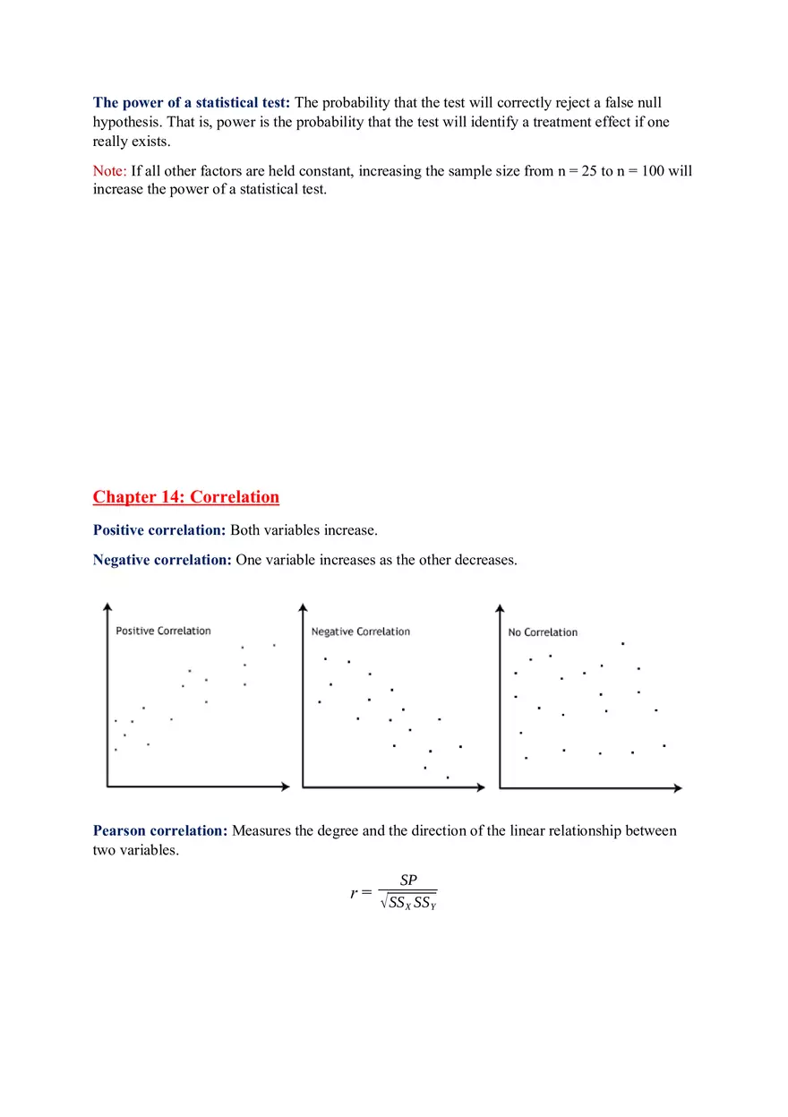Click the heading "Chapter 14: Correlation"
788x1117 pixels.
coord(185,497)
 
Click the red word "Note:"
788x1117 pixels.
coord(110,171)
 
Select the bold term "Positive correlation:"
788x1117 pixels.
coord(159,530)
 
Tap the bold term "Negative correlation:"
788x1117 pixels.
coord(162,560)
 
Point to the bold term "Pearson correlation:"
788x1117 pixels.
coord(160,831)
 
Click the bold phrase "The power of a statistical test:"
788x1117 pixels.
coord(192,103)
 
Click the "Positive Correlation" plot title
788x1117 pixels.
coord(163,632)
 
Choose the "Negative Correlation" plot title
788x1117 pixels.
coord(360,632)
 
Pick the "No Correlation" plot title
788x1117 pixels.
coord(543,632)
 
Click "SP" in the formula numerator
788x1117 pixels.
coord(408,881)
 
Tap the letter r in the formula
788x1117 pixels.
coord(355,893)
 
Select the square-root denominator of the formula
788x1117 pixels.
coord(408,903)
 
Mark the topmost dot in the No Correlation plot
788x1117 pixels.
coord(622,643)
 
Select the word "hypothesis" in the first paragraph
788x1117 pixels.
coord(124,122)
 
